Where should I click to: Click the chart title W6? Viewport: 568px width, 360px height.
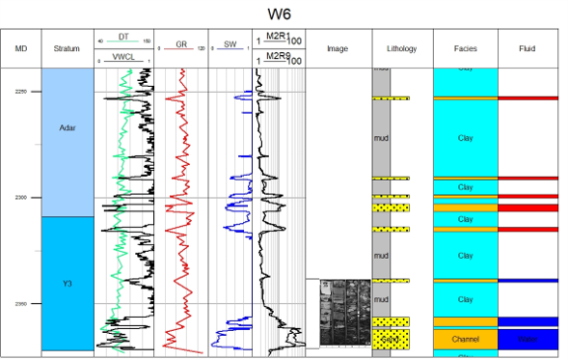[283, 14]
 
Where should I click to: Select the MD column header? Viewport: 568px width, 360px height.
[21, 48]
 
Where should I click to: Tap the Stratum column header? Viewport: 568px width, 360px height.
[67, 48]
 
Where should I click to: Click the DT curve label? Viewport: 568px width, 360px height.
[123, 37]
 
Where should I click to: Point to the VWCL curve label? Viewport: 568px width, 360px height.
[123, 57]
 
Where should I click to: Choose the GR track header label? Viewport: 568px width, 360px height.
[180, 44]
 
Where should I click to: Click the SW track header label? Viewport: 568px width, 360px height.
[229, 44]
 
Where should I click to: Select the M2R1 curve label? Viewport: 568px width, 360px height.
[278, 37]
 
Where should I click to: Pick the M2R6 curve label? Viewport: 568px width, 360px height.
[278, 57]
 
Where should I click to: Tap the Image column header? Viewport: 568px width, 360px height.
[337, 48]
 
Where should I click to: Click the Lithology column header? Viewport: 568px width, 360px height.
[400, 48]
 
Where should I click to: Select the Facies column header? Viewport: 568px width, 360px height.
[465, 48]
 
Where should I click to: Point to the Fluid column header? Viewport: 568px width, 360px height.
[527, 48]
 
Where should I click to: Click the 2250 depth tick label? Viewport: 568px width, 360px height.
[21, 92]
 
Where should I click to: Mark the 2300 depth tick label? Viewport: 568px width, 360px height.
[21, 198]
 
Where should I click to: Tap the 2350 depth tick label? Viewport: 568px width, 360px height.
[21, 304]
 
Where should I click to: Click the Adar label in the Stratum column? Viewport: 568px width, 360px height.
[67, 128]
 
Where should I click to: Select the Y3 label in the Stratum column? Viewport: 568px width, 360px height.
[67, 284]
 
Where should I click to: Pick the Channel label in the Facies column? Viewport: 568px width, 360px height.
[465, 340]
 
